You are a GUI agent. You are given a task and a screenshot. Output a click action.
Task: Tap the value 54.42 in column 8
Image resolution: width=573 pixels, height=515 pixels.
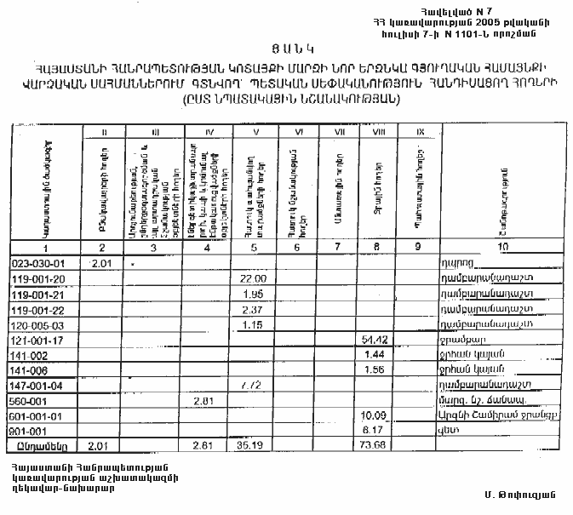click(x=375, y=340)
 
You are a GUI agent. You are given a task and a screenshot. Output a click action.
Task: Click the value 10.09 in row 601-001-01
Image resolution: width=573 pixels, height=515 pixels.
click(x=375, y=416)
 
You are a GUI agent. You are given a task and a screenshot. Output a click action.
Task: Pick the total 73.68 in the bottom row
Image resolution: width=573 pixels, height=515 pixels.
click(x=375, y=446)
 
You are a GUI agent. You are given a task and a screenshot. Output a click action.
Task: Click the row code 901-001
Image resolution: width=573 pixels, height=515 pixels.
click(x=31, y=431)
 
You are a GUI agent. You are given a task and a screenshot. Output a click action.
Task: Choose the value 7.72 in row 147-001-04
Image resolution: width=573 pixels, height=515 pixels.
click(x=249, y=386)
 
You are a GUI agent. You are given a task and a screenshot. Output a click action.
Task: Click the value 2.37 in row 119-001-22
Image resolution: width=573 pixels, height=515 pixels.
click(x=249, y=309)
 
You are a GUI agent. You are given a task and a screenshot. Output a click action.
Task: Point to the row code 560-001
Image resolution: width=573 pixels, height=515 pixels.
click(x=31, y=401)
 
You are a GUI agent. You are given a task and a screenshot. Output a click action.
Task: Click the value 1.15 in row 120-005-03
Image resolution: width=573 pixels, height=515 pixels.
click(x=249, y=324)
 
